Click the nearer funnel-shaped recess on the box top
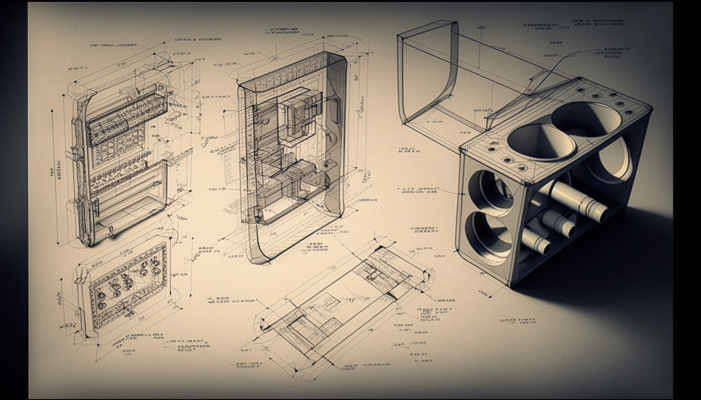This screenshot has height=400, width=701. click(x=541, y=142)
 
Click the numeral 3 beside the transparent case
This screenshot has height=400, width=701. click(x=356, y=77)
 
